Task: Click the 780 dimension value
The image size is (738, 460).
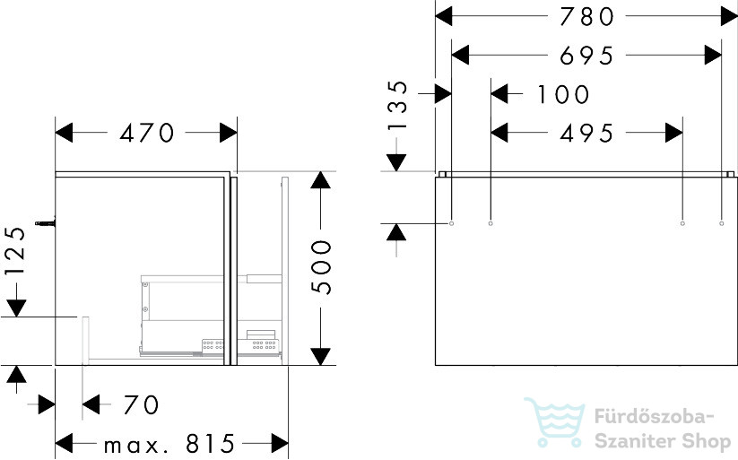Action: pyautogui.click(x=586, y=17)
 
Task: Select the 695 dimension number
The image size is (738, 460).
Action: pyautogui.click(x=586, y=56)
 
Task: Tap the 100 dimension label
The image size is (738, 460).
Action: pyautogui.click(x=563, y=95)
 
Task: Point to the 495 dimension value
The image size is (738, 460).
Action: pyautogui.click(x=586, y=134)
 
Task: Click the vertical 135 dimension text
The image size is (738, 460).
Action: pyautogui.click(x=398, y=106)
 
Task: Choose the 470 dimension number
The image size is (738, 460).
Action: pyautogui.click(x=147, y=134)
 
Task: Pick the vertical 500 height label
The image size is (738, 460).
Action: pyautogui.click(x=322, y=267)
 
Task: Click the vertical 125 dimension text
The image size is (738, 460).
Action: pyautogui.click(x=15, y=251)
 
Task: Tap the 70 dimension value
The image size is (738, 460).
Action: pyautogui.click(x=141, y=405)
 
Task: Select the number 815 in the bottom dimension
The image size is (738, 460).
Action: pyautogui.click(x=210, y=444)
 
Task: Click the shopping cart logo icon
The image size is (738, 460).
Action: pyautogui.click(x=555, y=422)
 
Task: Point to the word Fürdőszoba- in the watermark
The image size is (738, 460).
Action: pyautogui.click(x=655, y=417)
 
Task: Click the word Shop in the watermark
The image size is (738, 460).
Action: pyautogui.click(x=707, y=442)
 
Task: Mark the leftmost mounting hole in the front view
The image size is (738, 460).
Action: pyautogui.click(x=451, y=223)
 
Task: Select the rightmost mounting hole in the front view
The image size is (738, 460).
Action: pyautogui.click(x=722, y=223)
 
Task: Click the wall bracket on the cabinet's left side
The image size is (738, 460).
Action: pyautogui.click(x=45, y=223)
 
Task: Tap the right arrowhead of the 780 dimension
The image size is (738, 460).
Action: pyautogui.click(x=729, y=17)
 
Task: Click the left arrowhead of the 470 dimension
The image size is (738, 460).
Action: pyautogui.click(x=64, y=133)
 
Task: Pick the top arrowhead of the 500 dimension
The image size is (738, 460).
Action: pyautogui.click(x=320, y=180)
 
